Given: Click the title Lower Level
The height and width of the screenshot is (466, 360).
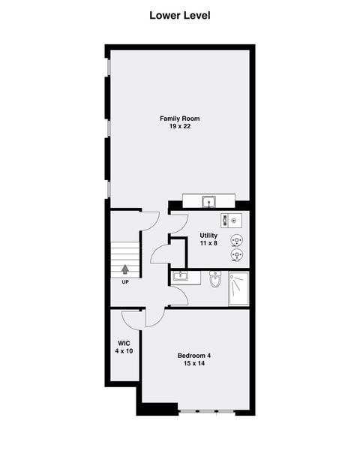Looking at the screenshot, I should tap(179, 15).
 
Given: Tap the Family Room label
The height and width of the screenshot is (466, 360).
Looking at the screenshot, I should tap(180, 119).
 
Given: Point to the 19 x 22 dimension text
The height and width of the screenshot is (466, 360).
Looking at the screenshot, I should tap(180, 127).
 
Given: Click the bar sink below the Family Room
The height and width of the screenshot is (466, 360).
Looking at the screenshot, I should tap(209, 201).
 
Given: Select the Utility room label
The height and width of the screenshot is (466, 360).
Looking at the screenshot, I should tap(208, 236).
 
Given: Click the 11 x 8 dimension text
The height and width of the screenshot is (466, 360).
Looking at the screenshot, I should tap(208, 244).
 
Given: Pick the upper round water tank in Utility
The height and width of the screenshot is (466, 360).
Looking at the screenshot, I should tap(238, 240).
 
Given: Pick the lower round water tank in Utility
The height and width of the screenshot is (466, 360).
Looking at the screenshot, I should tap(238, 255).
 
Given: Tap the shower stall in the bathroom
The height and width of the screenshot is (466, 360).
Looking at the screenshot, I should tap(238, 289).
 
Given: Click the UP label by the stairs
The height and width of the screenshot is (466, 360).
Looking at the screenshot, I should tap(124, 283).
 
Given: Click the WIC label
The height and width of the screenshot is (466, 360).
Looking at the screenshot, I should tap(124, 343).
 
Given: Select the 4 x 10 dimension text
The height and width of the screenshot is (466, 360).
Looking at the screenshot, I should tap(124, 351).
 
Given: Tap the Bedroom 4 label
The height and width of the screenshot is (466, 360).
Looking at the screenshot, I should tap(194, 355).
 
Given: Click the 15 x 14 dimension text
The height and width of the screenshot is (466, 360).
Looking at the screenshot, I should tap(194, 363).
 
